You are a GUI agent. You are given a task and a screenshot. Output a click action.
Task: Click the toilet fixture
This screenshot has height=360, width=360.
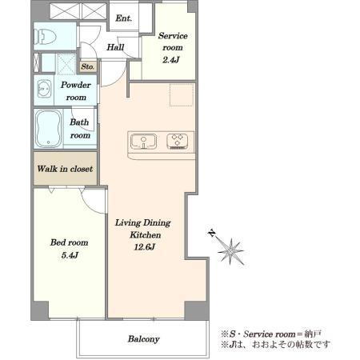pyautogui.click(x=45, y=37)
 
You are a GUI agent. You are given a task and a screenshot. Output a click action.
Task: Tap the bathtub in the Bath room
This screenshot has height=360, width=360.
pyautogui.click(x=48, y=129)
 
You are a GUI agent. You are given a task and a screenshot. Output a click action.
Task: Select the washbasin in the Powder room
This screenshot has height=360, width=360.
pyautogui.click(x=44, y=89)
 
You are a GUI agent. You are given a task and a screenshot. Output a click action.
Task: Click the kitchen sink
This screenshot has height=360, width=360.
pyautogui.click(x=143, y=142)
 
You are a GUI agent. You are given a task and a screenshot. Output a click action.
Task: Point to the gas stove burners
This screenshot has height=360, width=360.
pyautogui.click(x=177, y=141)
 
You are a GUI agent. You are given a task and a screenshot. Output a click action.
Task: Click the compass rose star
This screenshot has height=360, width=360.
pyautogui.click(x=230, y=251)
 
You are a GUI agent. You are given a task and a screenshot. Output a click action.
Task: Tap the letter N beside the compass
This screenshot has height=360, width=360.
pyautogui.click(x=212, y=233)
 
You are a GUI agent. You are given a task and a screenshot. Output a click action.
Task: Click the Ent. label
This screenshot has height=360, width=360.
pyautogui.click(x=123, y=18)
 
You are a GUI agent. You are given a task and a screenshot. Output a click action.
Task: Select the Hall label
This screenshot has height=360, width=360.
pyautogui.click(x=115, y=47)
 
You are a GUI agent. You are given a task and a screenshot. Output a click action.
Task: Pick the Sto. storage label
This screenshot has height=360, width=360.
pyautogui.click(x=88, y=66)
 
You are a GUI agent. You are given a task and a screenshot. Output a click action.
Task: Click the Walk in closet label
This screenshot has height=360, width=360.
pyautogui.click(x=65, y=169)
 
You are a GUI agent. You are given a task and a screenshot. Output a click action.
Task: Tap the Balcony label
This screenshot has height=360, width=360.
pyautogui.click(x=144, y=339)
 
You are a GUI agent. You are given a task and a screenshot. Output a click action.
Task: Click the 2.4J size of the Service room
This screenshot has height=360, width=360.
pyautogui.click(x=171, y=60)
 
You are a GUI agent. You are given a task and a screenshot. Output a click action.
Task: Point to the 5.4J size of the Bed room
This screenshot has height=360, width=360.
pyautogui.click(x=70, y=255)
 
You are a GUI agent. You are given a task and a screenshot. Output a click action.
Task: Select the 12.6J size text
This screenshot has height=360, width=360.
pyautogui.click(x=144, y=247)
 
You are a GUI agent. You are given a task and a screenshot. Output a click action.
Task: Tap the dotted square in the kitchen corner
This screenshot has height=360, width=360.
pyautogui.click(x=182, y=95)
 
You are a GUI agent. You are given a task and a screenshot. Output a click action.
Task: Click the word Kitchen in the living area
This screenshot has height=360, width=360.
pyautogui.click(x=146, y=235)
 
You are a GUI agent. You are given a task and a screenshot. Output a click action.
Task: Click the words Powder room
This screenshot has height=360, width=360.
pyautogui.click(x=76, y=91)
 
